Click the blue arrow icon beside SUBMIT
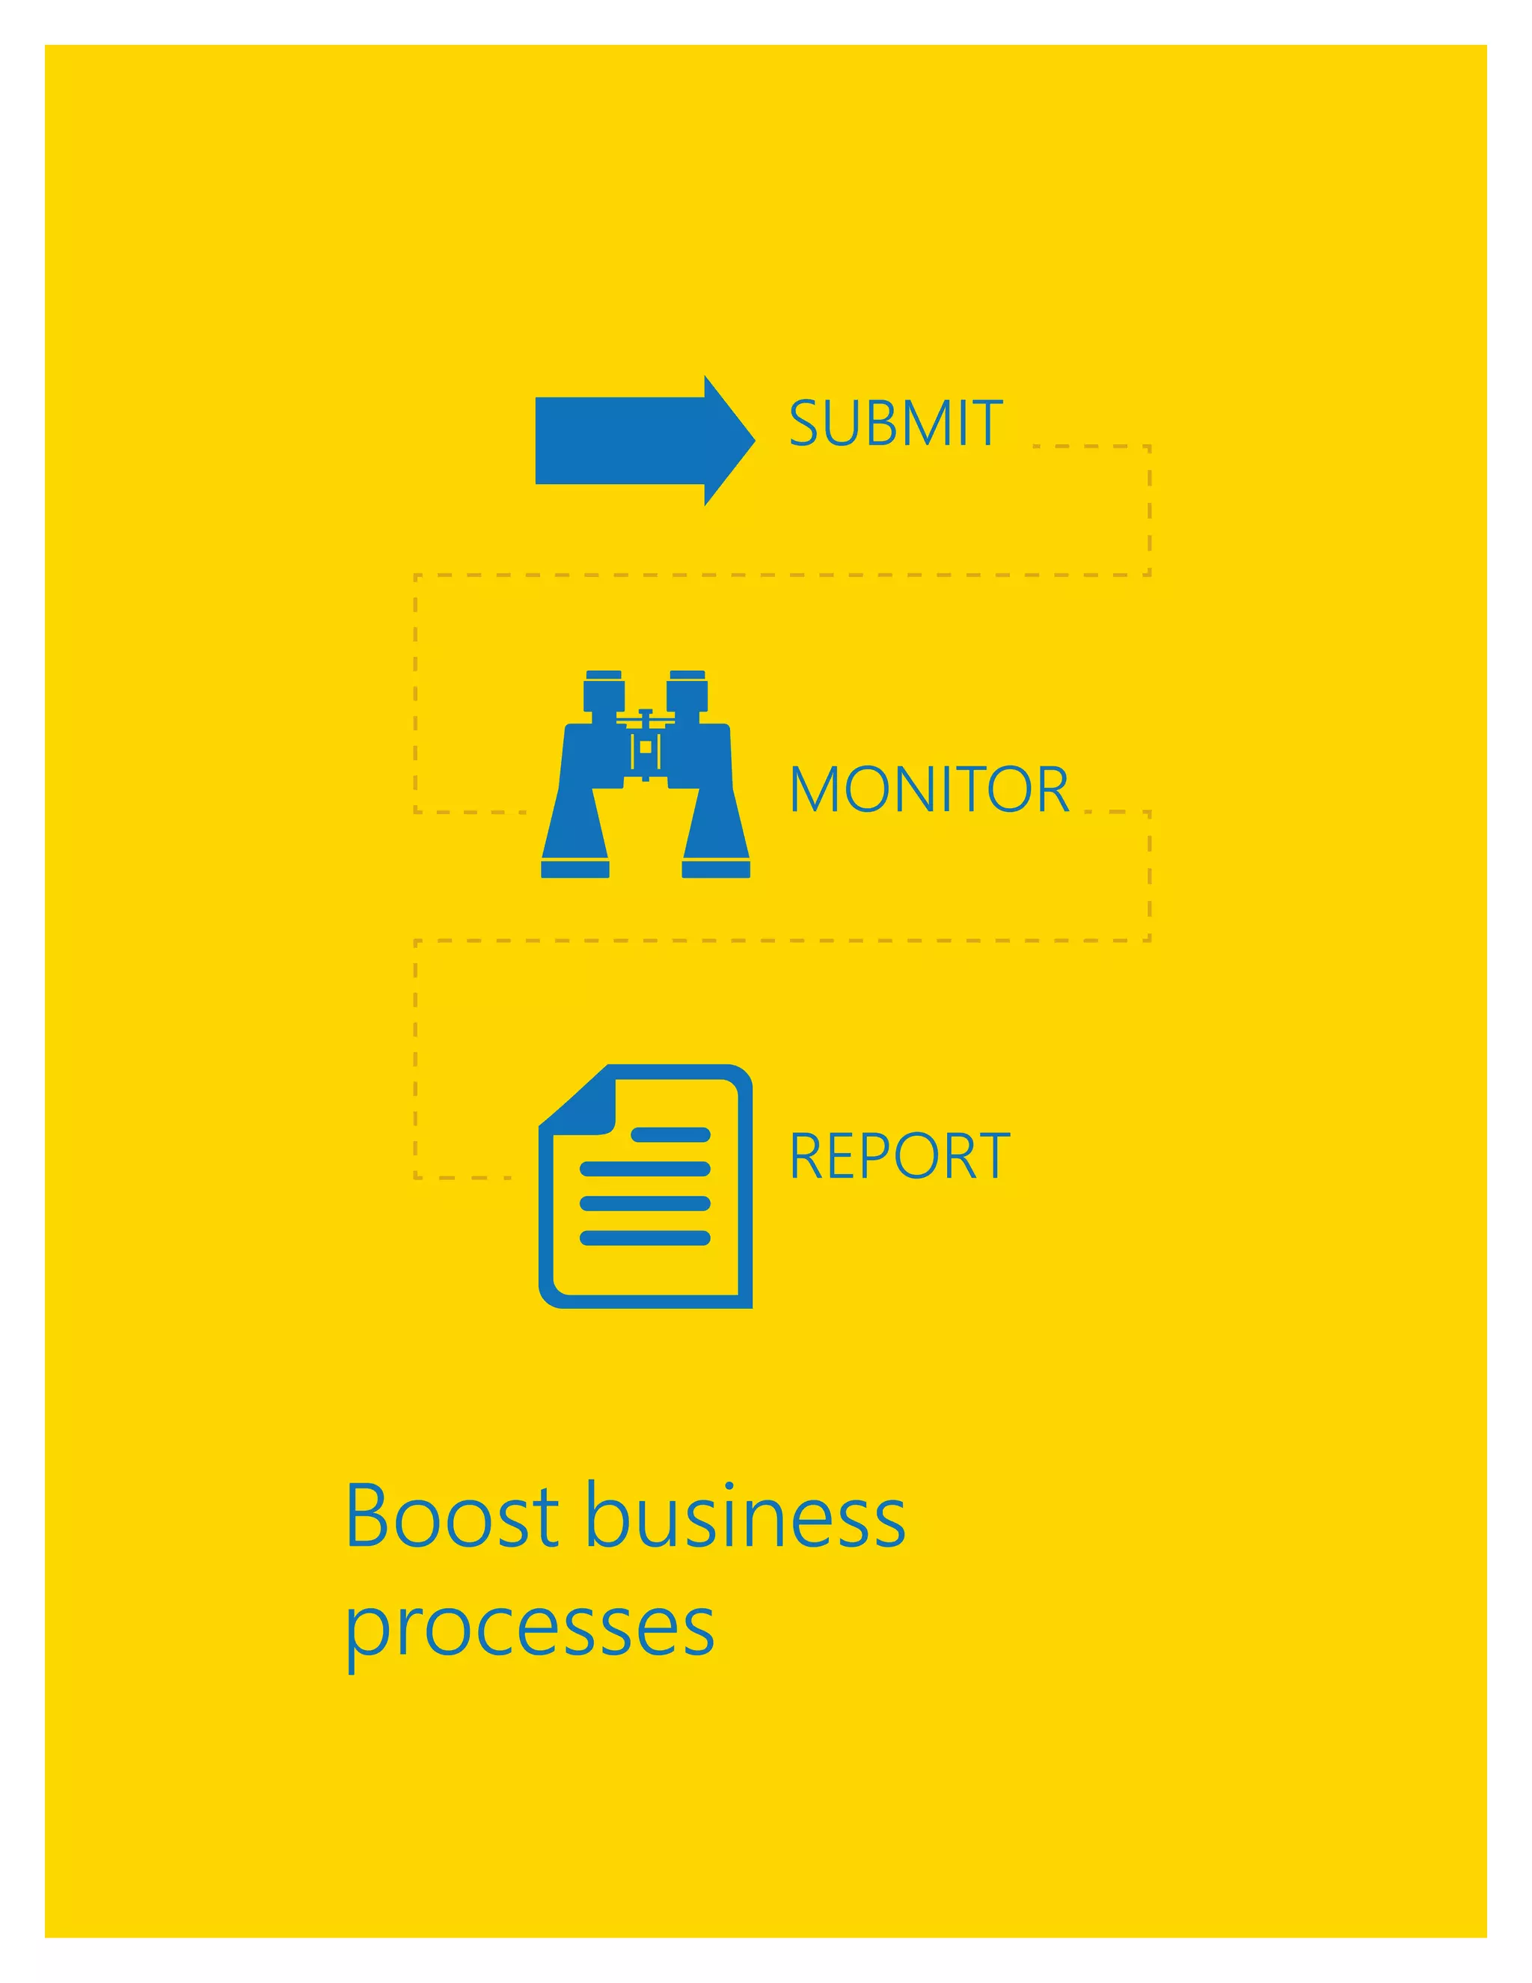pyautogui.click(x=635, y=440)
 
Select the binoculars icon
pyautogui.click(x=646, y=774)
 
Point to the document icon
pyautogui.click(x=646, y=1186)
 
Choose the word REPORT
pyautogui.click(x=898, y=1156)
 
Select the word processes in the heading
pyautogui.click(x=530, y=1628)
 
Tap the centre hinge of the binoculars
pyautogui.click(x=646, y=746)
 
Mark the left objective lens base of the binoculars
pyautogui.click(x=575, y=869)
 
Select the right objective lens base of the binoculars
pyautogui.click(x=716, y=869)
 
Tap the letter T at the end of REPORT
pyautogui.click(x=991, y=1156)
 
